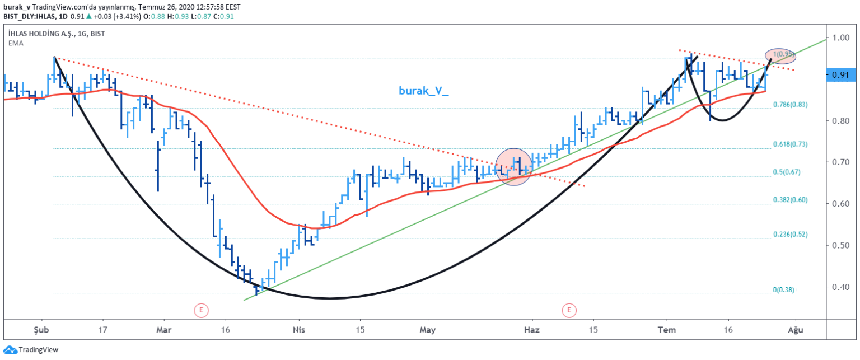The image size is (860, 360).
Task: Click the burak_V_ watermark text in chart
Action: pyautogui.click(x=423, y=90)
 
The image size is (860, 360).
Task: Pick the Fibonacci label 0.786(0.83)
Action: pyautogui.click(x=790, y=105)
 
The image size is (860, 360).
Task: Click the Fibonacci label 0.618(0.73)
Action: pyautogui.click(x=790, y=144)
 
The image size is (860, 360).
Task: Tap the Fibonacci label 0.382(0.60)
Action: pyautogui.click(x=790, y=200)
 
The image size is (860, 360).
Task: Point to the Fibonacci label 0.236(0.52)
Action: pyautogui.click(x=790, y=234)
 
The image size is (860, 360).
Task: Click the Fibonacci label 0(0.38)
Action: pyautogui.click(x=783, y=290)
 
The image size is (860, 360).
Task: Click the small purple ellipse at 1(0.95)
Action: pyautogui.click(x=780, y=55)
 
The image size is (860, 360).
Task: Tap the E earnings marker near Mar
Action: pyautogui.click(x=200, y=309)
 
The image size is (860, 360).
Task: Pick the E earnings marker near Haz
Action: pyautogui.click(x=569, y=309)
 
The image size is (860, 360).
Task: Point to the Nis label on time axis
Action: pyautogui.click(x=297, y=330)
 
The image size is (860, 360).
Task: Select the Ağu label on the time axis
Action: pyautogui.click(x=795, y=330)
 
